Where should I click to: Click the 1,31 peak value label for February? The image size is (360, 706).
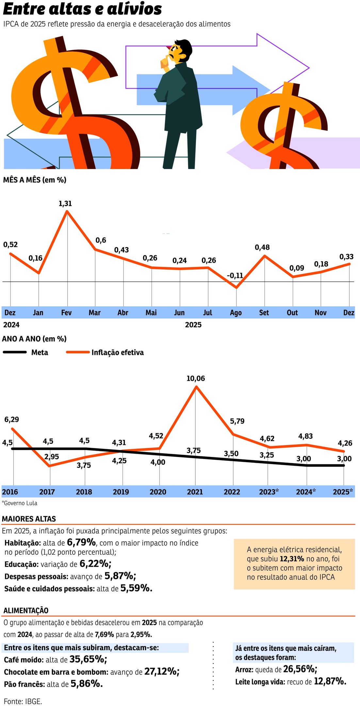65,204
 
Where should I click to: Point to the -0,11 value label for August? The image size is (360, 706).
235,276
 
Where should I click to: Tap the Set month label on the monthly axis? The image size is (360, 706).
264,313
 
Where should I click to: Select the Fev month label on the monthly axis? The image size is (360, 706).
66,313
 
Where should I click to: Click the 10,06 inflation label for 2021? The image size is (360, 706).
196,378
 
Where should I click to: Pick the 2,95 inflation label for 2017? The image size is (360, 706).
52,457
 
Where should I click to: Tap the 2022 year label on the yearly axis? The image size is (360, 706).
232,492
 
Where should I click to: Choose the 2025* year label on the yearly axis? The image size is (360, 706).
343,492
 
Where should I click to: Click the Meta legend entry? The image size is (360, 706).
40,352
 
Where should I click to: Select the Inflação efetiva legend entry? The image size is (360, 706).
117,352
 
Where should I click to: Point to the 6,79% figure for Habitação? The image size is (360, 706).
81,543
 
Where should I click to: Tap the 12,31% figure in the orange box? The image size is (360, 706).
292,559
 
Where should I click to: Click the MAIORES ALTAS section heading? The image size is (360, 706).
29,519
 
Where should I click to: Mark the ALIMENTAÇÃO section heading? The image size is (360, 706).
26,611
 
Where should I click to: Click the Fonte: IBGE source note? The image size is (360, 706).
23,701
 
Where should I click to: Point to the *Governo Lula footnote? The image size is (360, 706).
20,503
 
